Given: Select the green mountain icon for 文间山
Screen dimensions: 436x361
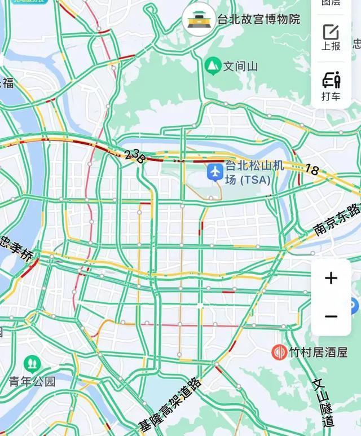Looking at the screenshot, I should click(x=213, y=66).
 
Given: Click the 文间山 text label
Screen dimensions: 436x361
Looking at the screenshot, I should click(x=241, y=67).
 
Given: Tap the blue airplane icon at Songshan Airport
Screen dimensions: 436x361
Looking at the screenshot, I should click(x=215, y=171).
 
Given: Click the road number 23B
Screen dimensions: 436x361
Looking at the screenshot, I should click(x=135, y=156).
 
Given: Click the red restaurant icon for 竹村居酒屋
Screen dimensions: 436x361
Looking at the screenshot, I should click(x=279, y=353).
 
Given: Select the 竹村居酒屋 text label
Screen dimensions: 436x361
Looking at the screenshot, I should click(x=318, y=353).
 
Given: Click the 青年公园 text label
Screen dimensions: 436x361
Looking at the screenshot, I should click(x=32, y=382).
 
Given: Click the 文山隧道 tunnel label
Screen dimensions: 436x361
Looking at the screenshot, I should click(x=324, y=402).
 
